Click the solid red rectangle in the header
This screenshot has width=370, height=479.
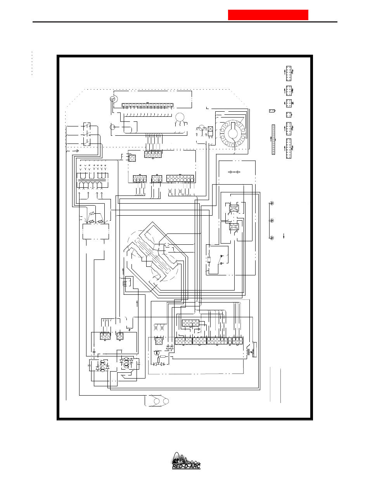(x=268, y=15)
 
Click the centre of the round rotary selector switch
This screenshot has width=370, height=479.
(x=233, y=133)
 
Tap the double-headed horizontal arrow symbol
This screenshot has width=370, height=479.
(x=234, y=172)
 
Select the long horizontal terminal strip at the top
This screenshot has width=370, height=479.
(x=147, y=105)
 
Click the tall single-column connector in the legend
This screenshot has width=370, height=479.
(x=273, y=140)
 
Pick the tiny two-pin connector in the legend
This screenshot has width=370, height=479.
(x=272, y=111)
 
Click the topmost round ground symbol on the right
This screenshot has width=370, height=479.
(x=272, y=203)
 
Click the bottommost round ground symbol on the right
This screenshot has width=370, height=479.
(x=272, y=238)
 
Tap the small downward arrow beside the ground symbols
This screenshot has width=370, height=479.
(x=284, y=236)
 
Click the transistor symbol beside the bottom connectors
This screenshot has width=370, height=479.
(x=157, y=353)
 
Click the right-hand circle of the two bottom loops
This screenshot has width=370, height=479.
(x=166, y=401)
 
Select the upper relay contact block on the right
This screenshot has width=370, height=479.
(x=234, y=208)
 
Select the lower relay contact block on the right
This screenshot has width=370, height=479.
(x=234, y=227)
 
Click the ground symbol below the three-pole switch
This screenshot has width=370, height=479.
(x=77, y=151)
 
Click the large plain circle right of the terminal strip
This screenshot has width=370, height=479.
(x=180, y=117)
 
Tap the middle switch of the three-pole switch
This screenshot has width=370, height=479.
(x=86, y=135)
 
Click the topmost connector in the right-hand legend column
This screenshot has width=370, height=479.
(x=289, y=73)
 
